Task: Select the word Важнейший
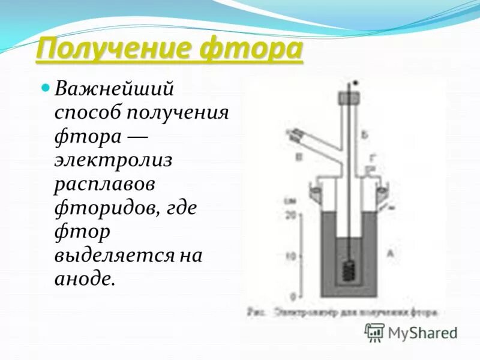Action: click(x=114, y=89)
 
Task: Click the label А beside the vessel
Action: click(x=390, y=254)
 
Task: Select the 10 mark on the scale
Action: click(x=292, y=256)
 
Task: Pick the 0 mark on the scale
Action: click(x=292, y=296)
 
